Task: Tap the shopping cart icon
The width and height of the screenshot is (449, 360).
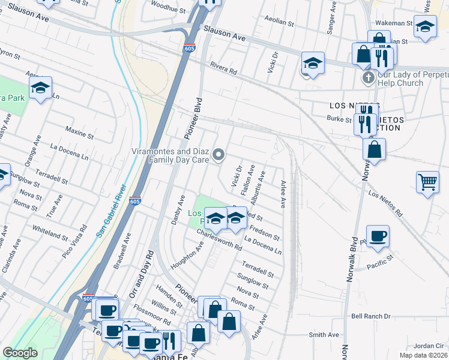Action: tap(427, 181)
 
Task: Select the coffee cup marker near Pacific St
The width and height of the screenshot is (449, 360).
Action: tap(378, 236)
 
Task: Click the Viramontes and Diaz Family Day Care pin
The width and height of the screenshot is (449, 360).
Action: tap(219, 155)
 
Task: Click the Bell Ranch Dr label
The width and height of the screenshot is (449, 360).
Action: tap(370, 316)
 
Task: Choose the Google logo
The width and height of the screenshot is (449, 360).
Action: tap(20, 353)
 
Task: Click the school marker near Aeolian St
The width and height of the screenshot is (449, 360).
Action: tap(313, 63)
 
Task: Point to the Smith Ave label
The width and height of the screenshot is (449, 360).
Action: tap(324, 335)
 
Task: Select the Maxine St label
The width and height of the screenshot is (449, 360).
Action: tap(77, 129)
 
